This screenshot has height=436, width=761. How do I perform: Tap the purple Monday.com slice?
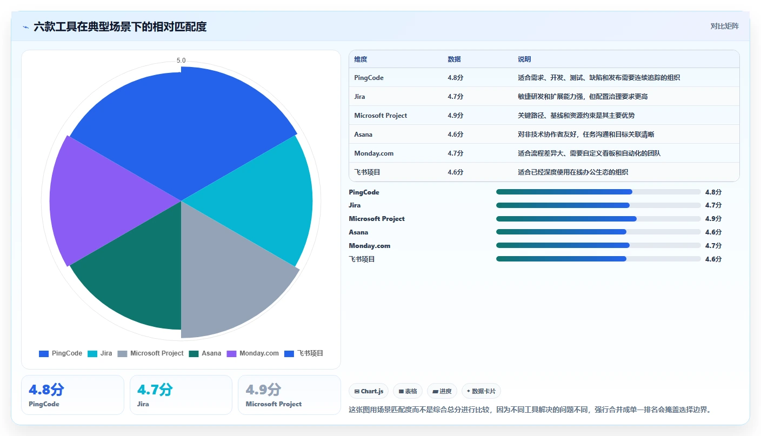102,200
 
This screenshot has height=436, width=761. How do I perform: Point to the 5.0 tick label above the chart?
181,61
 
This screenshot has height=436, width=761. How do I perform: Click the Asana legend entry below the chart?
205,353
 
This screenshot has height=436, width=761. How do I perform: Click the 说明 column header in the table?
524,59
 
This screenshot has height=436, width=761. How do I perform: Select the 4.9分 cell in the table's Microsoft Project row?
455,116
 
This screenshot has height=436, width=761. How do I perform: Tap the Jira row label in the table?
359,96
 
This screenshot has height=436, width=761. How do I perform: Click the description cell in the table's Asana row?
586,135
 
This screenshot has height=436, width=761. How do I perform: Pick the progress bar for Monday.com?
598,245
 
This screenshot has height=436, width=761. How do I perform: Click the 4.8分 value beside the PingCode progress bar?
713,192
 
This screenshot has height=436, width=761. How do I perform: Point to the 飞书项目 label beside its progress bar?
362,259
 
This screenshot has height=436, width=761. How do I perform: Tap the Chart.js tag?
369,391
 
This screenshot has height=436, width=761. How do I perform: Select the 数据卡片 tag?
481,391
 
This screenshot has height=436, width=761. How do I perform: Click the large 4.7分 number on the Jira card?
155,390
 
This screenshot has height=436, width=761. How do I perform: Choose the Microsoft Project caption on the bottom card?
273,404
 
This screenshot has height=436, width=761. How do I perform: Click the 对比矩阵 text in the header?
724,26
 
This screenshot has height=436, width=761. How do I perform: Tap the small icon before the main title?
26,27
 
